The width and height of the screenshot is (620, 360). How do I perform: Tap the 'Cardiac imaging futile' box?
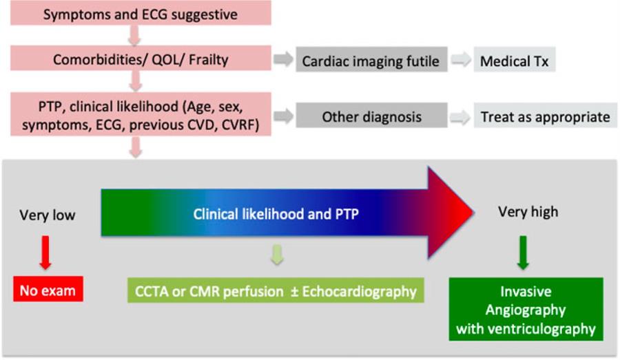pyautogui.click(x=371, y=61)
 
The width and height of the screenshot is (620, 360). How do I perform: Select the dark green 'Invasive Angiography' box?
pyautogui.click(x=526, y=310)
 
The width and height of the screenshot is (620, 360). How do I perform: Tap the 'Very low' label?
pyautogui.click(x=48, y=215)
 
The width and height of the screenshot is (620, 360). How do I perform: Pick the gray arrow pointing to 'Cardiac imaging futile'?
pyautogui.click(x=282, y=61)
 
